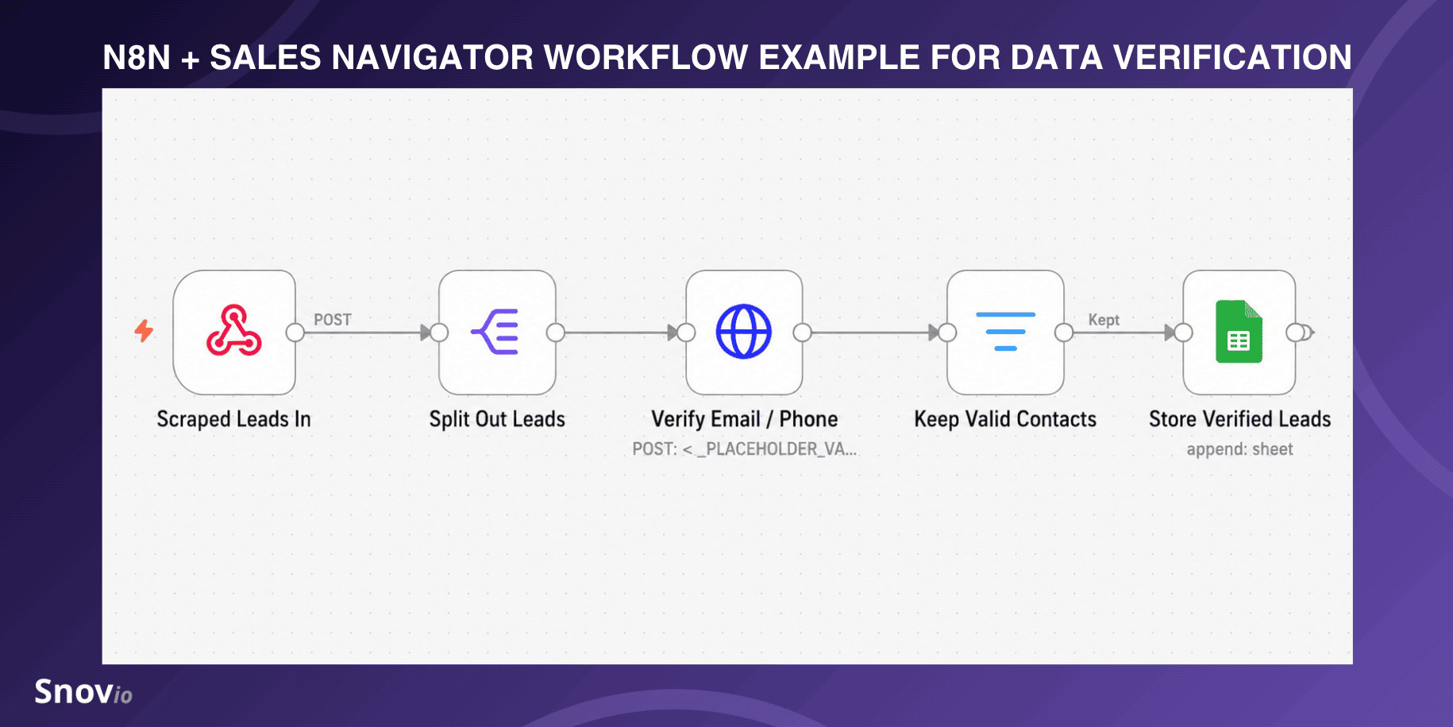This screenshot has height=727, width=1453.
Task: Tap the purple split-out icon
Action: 495,332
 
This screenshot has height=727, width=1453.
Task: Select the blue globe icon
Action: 744,332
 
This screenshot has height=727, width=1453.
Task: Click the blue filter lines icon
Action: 1005,332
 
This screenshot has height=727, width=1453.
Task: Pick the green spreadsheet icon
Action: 1239,332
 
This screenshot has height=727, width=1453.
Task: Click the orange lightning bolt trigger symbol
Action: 144,330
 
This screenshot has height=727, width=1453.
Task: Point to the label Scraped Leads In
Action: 233,419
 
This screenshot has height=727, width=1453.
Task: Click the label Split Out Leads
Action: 497,419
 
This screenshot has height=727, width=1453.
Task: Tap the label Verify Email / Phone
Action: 745,419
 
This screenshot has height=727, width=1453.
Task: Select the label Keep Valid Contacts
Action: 1005,419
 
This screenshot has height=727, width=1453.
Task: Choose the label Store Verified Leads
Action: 1239,419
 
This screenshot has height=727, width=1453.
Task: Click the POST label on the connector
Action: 333,320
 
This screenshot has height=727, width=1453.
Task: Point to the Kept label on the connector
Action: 1104,320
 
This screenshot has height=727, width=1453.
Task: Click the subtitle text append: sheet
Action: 1239,449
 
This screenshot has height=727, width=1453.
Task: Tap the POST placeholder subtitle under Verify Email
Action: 745,449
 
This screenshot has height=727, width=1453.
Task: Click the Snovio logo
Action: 83,692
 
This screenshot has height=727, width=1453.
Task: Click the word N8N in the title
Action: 137,57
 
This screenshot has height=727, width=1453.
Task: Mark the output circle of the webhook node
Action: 295,333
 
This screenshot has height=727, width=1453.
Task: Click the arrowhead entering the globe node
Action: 673,333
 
